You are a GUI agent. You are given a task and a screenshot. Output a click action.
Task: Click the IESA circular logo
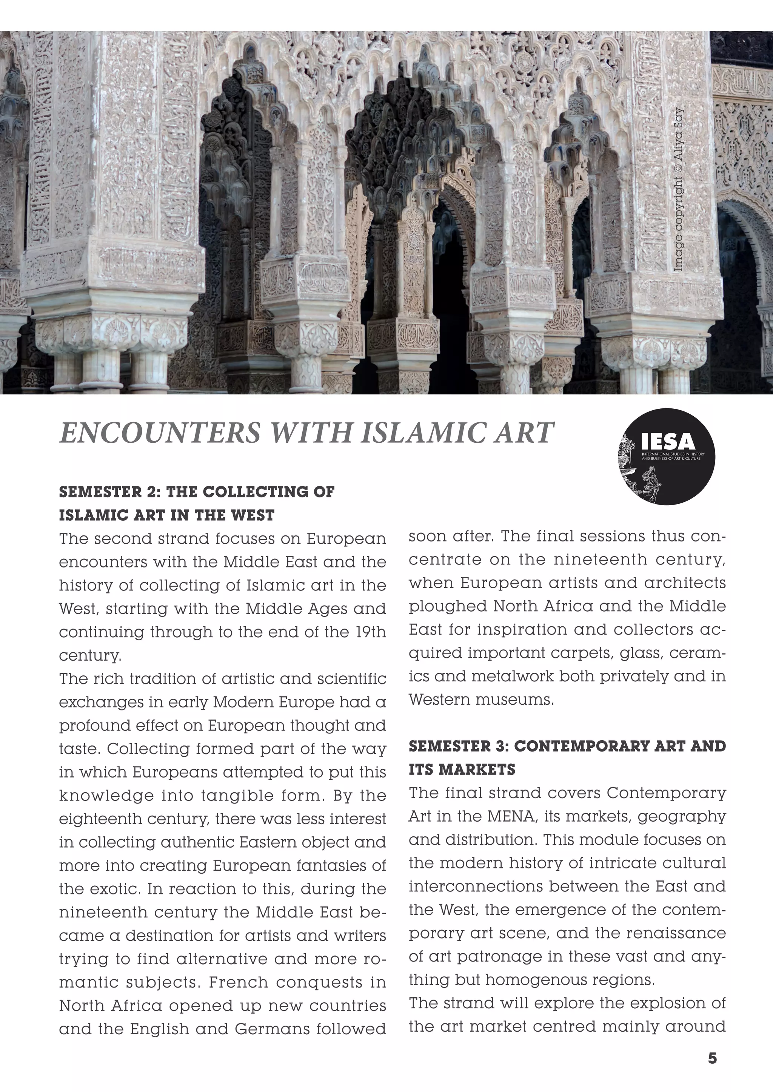[x=667, y=457]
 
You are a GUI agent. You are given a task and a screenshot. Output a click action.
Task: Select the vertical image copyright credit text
[x=679, y=190]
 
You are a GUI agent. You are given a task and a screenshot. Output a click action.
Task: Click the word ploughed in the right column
[x=447, y=606]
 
